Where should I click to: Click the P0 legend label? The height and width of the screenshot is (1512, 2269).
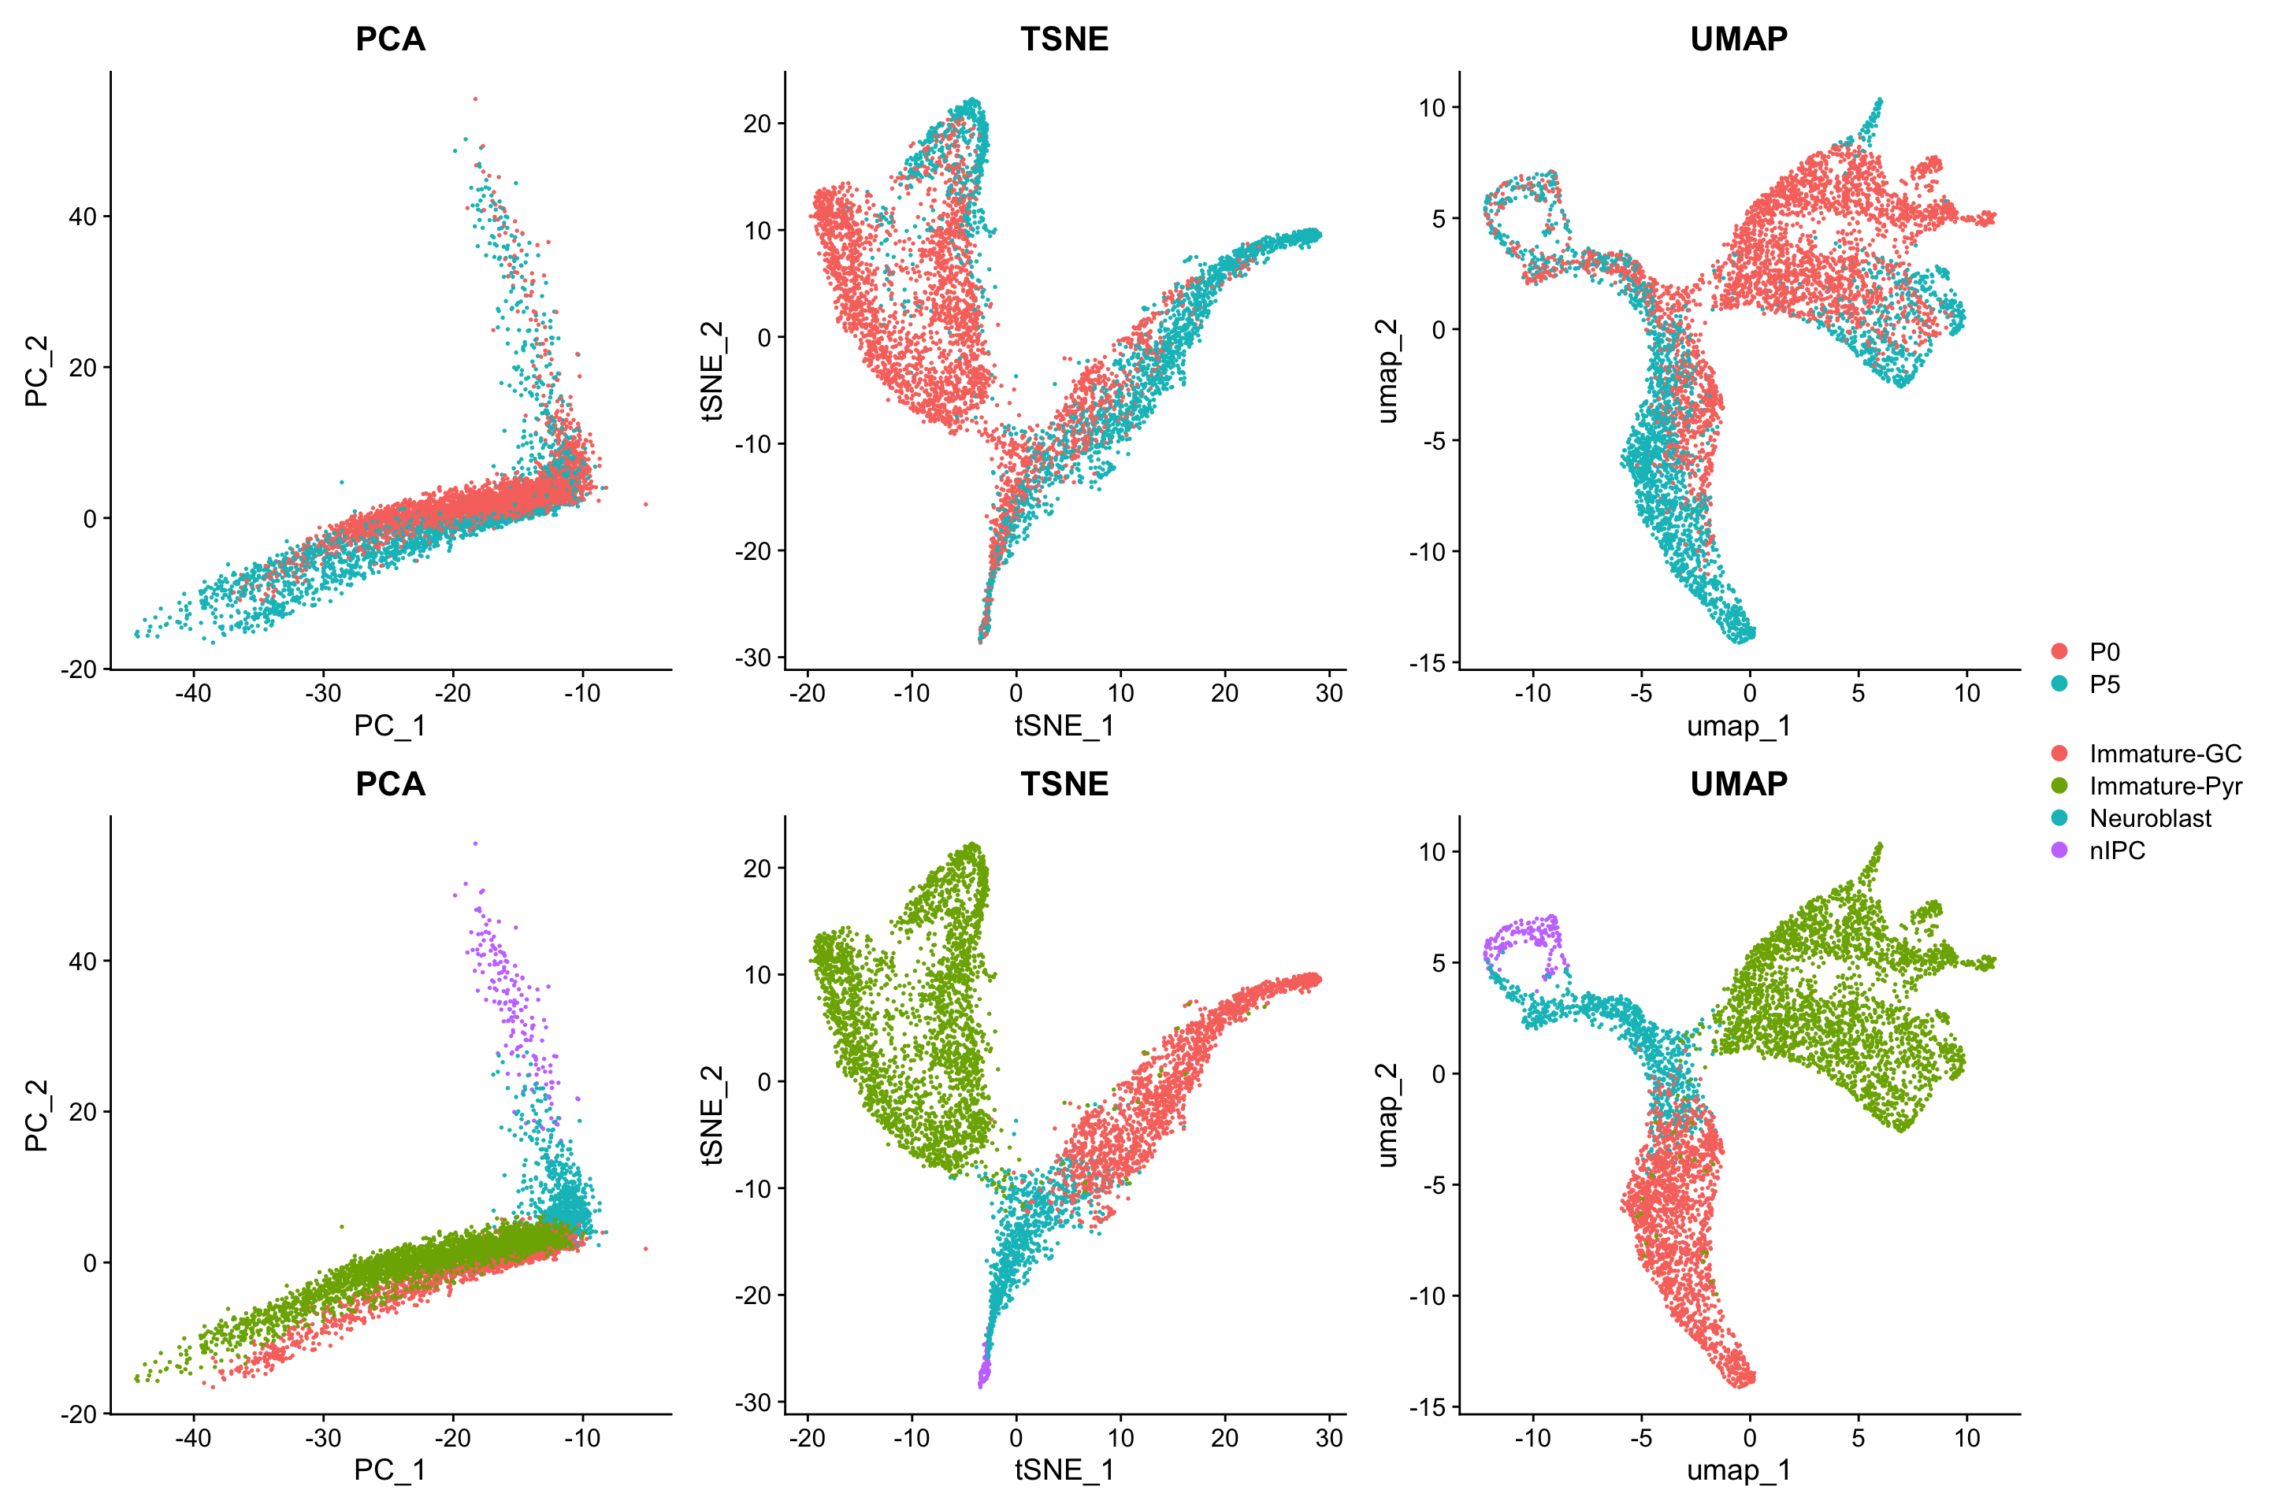pos(2104,652)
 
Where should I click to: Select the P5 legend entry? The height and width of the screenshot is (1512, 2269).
pos(2104,684)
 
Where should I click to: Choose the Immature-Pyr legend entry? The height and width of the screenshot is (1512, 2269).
pos(2165,786)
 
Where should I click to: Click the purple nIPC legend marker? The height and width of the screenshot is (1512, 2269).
pos(2059,850)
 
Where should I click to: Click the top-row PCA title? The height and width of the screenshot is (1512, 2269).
pos(390,39)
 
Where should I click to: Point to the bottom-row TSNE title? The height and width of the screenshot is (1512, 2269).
pos(1064,784)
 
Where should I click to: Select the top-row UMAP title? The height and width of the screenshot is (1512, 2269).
pos(1739,39)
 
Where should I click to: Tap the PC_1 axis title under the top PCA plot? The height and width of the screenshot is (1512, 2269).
pos(390,725)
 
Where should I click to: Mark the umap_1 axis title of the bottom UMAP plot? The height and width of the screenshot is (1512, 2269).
pos(1739,1470)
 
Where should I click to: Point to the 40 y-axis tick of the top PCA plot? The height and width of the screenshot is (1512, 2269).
pos(83,217)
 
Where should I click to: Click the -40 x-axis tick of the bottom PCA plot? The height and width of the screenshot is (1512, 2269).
pos(193,1438)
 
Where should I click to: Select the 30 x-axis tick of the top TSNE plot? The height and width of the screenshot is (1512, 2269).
pos(1328,692)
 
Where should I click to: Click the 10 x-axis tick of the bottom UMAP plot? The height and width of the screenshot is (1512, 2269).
pos(1967,1438)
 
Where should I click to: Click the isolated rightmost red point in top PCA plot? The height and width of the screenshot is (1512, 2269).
pos(645,504)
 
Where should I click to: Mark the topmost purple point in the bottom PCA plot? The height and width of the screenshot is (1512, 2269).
pos(474,843)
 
